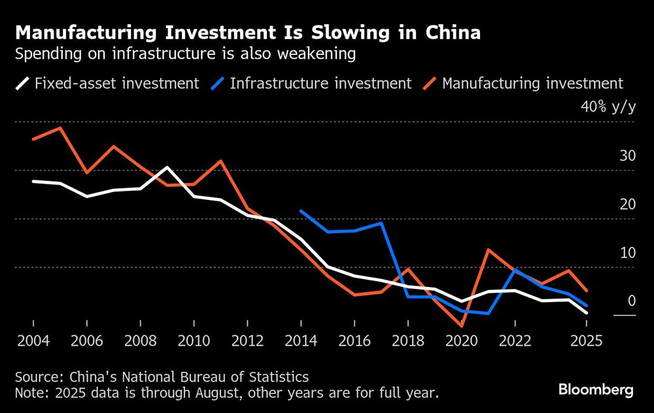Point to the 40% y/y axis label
(608, 108)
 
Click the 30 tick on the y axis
(627, 156)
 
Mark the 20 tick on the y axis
(627, 204)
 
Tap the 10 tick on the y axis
(627, 252)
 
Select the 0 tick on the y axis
(631, 301)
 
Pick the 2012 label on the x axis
(247, 341)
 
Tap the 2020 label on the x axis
(462, 341)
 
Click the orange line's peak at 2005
(60, 127)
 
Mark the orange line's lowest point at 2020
(462, 325)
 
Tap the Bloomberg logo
(595, 390)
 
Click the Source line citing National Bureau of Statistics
(162, 377)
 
